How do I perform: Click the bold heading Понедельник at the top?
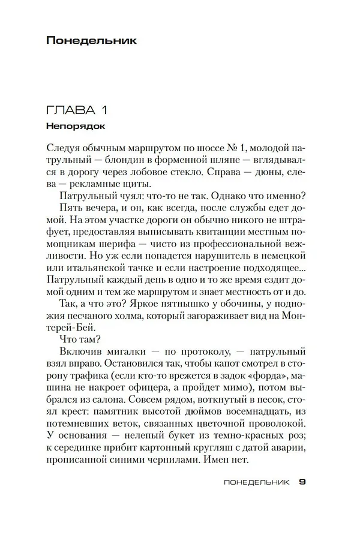[x=91, y=41]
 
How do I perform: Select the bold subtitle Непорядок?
[x=75, y=127]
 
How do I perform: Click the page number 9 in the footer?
[x=302, y=482]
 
